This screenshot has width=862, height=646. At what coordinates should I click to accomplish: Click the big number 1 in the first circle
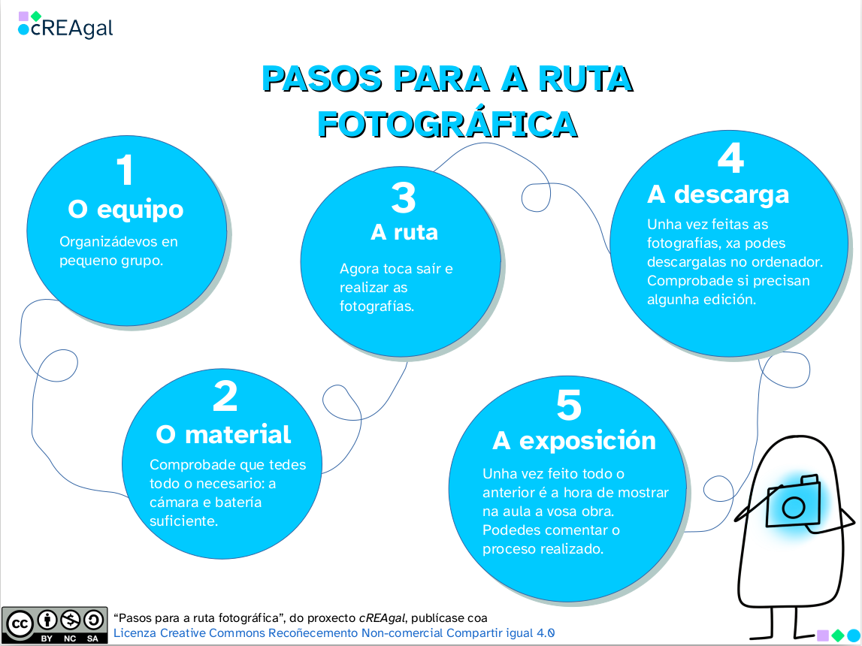pos(126,170)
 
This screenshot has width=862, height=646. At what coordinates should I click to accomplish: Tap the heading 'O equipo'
pos(126,210)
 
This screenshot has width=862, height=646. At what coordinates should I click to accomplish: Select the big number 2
pos(225,397)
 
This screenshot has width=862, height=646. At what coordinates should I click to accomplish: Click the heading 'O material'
pos(223,434)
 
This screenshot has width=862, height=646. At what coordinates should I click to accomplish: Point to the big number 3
pos(404,198)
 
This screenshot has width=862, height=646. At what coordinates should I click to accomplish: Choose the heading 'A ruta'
pos(404,232)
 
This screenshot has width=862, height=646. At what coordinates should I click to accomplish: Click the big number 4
pos(730,158)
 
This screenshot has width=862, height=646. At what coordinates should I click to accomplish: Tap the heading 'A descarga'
pos(718,195)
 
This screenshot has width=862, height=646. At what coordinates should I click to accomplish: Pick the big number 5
pos(569,406)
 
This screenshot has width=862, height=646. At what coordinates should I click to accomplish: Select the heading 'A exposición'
pos(574,441)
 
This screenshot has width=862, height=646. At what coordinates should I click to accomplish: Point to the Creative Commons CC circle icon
pos(20,622)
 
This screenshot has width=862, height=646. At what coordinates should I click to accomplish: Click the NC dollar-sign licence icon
pos(70,620)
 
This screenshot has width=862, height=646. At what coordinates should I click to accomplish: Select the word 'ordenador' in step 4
pos(782,262)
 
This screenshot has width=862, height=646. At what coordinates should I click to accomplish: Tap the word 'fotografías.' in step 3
pos(377,306)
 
